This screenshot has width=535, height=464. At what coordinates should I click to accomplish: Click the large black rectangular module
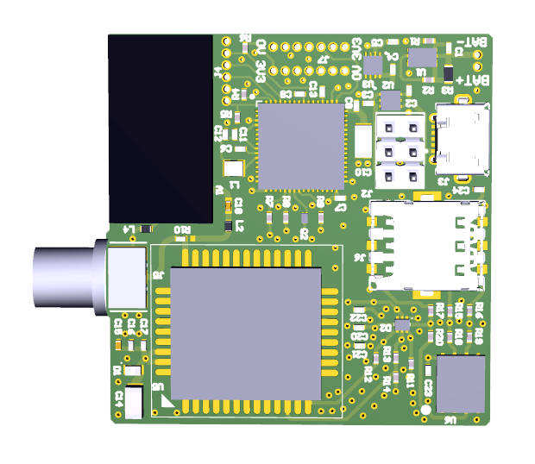click(x=160, y=129)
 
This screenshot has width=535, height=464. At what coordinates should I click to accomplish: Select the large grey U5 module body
click(x=245, y=333)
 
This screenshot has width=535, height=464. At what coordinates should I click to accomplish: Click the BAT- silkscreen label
click(x=475, y=41)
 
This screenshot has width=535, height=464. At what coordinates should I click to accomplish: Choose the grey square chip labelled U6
click(x=461, y=384)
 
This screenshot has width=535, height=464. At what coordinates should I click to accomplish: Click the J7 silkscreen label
click(x=324, y=59)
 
